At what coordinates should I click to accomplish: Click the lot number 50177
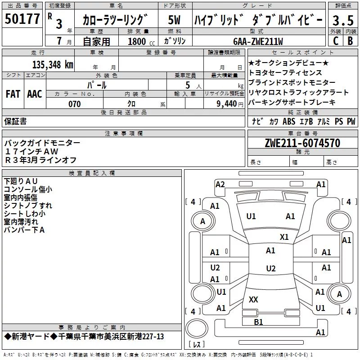pyautogui.click(x=22, y=19)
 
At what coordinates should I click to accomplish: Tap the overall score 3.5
pyautogui.click(x=343, y=20)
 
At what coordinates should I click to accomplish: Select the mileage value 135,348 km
pyautogui.click(x=53, y=65)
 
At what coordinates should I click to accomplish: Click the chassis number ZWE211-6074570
pyautogui.click(x=302, y=143)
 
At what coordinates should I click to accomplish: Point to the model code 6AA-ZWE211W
pyautogui.click(x=258, y=41)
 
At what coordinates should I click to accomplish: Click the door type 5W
pyautogui.click(x=174, y=20)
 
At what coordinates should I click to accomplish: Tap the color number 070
pyautogui.click(x=75, y=104)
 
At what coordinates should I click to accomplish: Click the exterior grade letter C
pyautogui.click(x=336, y=41)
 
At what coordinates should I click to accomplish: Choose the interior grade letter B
pyautogui.click(x=350, y=41)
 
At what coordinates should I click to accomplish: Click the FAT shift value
pyautogui.click(x=13, y=94)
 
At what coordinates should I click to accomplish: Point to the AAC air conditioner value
pyautogui.click(x=35, y=94)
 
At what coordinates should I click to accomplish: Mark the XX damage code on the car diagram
pyautogui.click(x=253, y=299)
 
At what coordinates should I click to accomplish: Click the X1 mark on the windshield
pyautogui.click(x=284, y=237)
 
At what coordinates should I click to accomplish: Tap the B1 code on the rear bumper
pyautogui.click(x=258, y=322)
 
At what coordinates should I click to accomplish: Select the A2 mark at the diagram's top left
pyautogui.click(x=220, y=184)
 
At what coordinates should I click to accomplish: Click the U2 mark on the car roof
pyautogui.click(x=271, y=268)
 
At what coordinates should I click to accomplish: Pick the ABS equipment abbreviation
pyautogui.click(x=289, y=121)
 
